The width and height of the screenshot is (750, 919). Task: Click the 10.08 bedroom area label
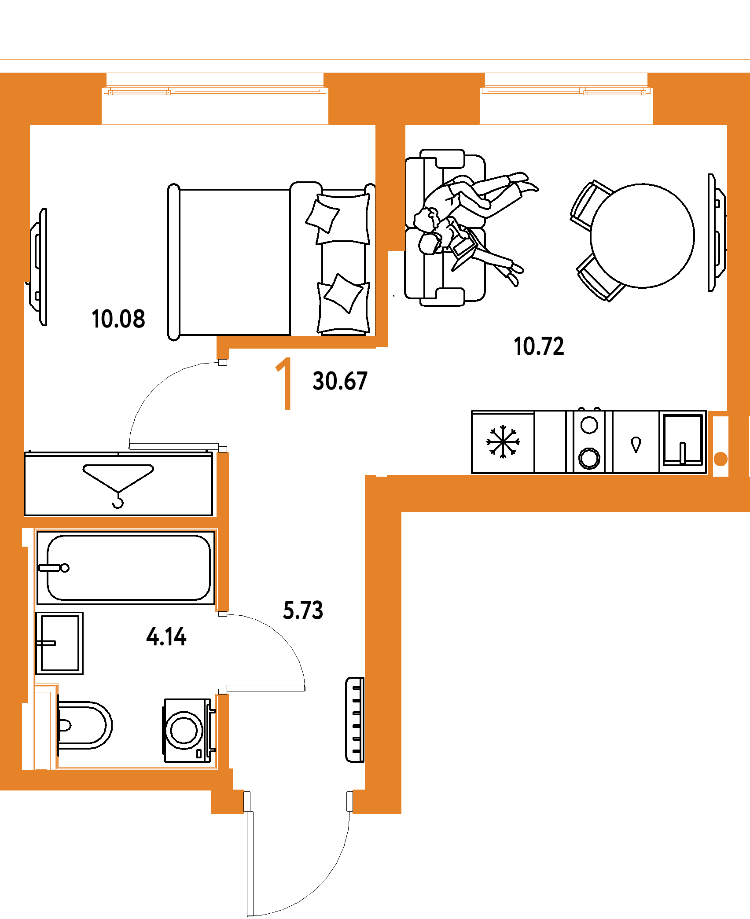click(118, 319)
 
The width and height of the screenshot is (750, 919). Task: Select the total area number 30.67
click(340, 381)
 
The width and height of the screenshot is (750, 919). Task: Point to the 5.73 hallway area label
click(303, 610)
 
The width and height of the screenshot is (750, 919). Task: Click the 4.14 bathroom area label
click(166, 637)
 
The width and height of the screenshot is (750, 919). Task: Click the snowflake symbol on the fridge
click(503, 441)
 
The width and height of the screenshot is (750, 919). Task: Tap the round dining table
click(642, 236)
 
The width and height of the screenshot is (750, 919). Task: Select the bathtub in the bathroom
click(126, 568)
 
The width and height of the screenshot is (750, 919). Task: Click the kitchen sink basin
click(683, 439)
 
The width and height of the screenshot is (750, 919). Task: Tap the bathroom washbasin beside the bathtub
click(59, 643)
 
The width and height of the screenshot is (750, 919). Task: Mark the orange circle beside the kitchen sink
click(721, 459)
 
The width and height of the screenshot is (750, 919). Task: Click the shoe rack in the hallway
click(355, 720)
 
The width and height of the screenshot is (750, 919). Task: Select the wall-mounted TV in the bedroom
click(38, 267)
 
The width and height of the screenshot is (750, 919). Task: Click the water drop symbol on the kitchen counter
click(636, 444)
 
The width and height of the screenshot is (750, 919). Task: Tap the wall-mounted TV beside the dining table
click(717, 233)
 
